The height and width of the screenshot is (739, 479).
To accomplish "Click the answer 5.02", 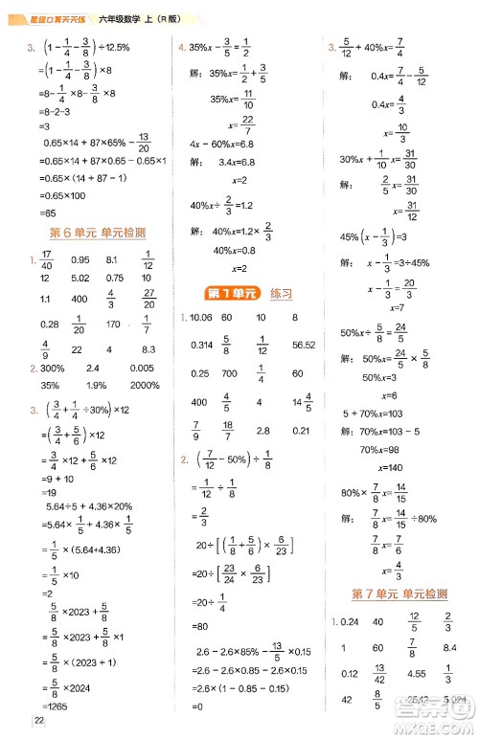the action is pos(80,279).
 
